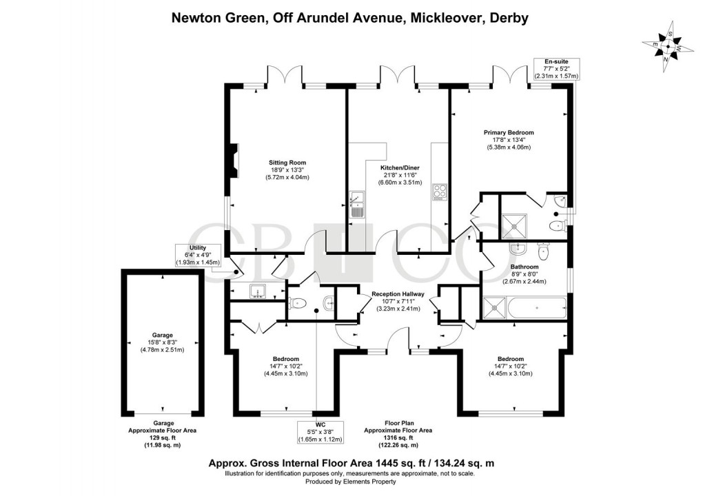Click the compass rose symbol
click(666, 47)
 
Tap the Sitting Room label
click(287, 163)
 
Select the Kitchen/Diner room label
click(400, 167)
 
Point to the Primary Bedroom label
click(509, 132)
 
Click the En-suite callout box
click(556, 69)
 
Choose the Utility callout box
click(197, 256)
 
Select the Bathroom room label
click(523, 267)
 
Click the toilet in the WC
click(297, 302)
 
